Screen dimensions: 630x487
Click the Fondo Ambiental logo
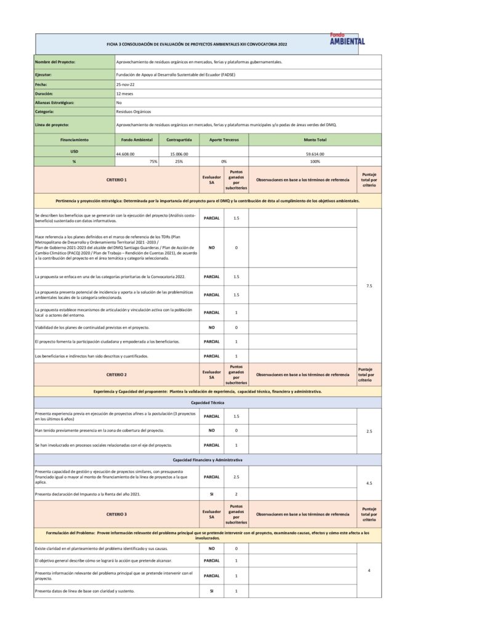click(x=347, y=39)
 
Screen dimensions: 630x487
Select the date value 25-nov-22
click(x=125, y=84)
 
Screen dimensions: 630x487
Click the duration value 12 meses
click(x=124, y=94)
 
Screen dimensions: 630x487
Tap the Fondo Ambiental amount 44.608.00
click(x=125, y=154)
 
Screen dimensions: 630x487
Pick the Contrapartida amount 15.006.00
click(x=179, y=154)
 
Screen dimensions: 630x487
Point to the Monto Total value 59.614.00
click(x=315, y=154)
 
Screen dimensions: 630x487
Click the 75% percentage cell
click(x=153, y=161)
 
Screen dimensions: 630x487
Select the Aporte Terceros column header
click(x=224, y=140)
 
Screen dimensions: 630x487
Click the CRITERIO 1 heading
click(x=116, y=180)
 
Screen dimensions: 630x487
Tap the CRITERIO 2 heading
click(x=116, y=374)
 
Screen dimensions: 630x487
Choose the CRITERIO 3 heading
click(x=116, y=514)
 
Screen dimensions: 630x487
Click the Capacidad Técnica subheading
click(x=207, y=402)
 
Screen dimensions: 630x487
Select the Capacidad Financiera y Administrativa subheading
click(x=207, y=460)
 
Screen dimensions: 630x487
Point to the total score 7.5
click(x=369, y=285)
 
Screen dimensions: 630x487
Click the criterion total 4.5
click(x=369, y=483)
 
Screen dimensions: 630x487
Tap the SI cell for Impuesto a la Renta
click(x=211, y=494)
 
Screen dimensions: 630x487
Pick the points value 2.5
click(x=236, y=477)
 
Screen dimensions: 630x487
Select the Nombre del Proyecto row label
click(x=55, y=62)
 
